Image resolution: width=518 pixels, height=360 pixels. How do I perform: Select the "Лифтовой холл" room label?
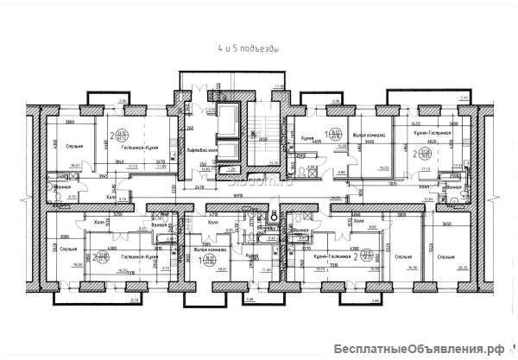click(x=200, y=149)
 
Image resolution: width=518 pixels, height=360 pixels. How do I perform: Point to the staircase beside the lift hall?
click(x=260, y=129)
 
